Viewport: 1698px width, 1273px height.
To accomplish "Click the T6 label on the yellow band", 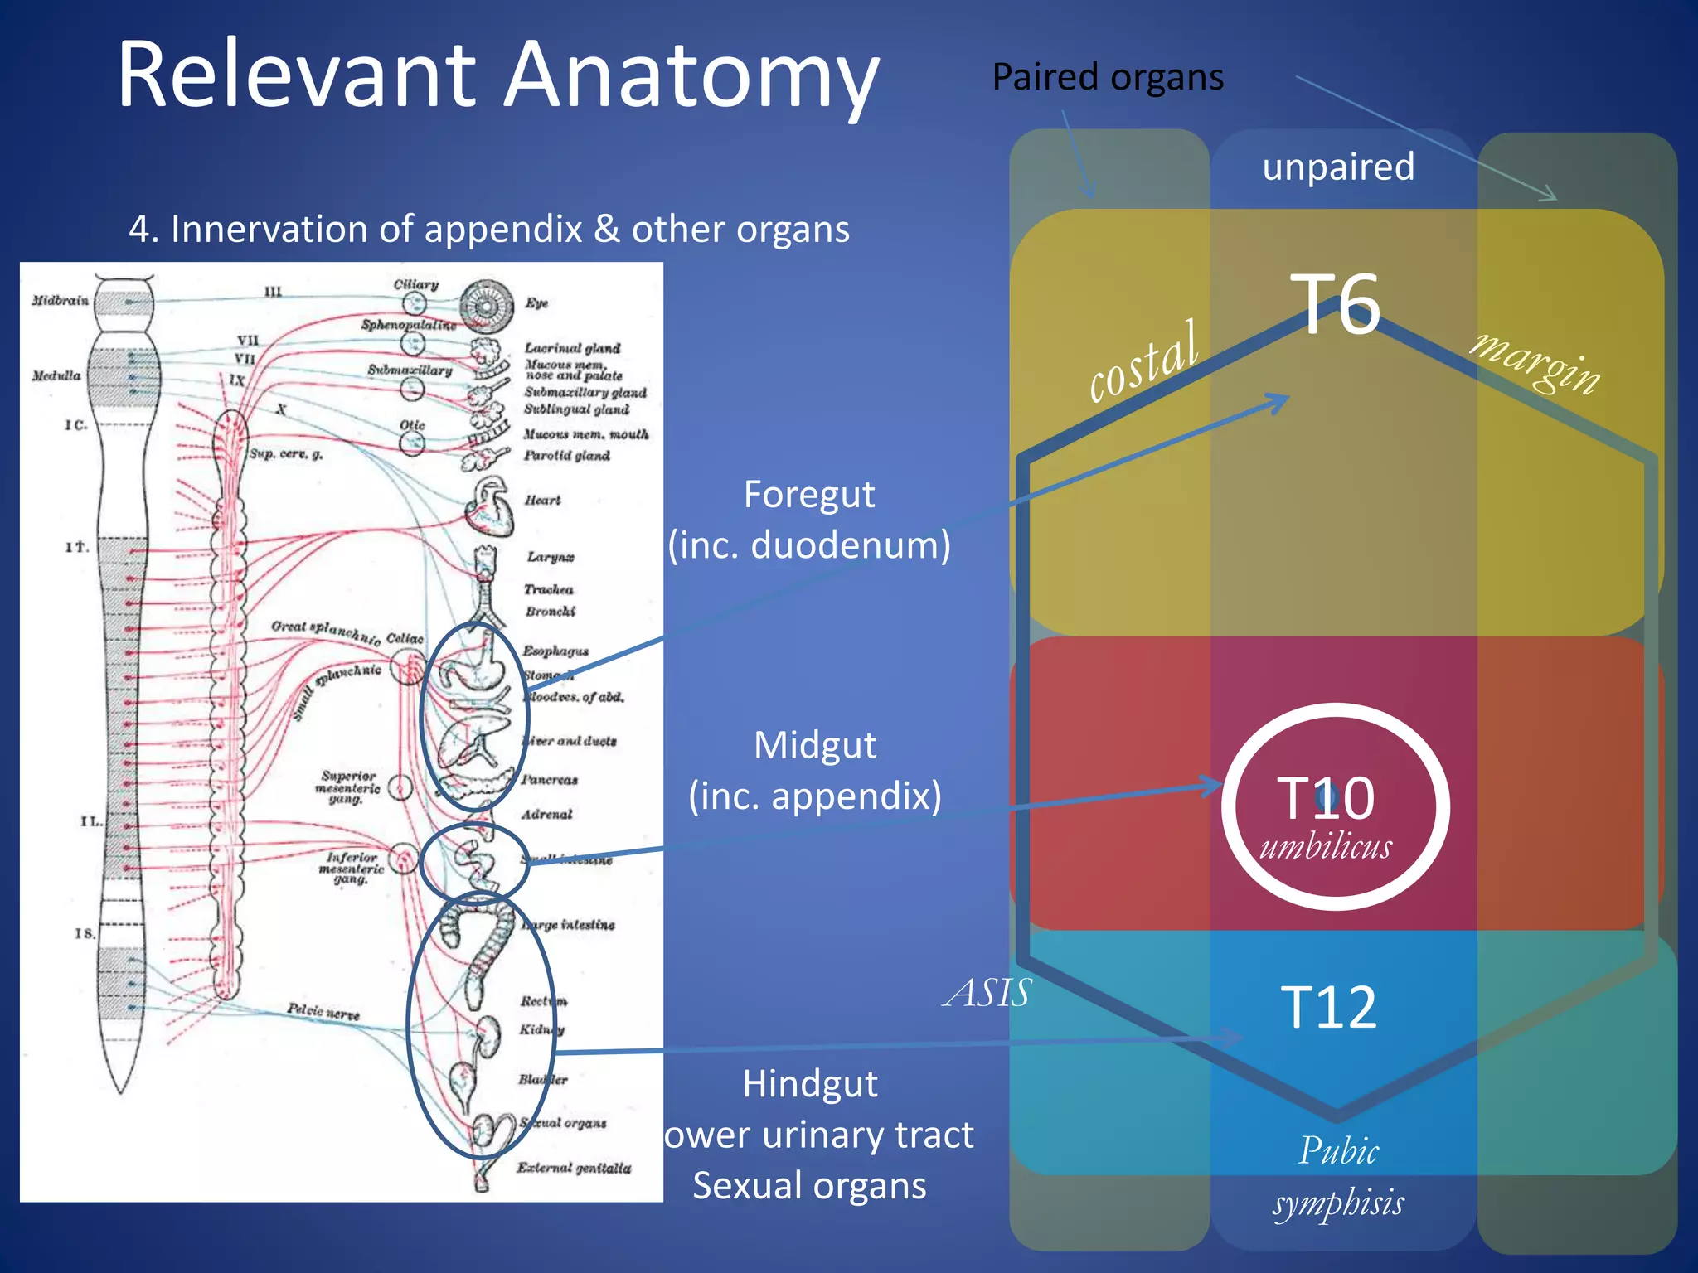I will pos(1335,304).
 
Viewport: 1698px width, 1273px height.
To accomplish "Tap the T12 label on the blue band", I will pos(1328,1008).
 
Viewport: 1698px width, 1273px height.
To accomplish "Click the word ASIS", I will pos(987,992).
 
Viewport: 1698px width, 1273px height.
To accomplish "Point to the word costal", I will pos(1144,362).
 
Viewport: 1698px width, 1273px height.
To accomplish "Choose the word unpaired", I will pos(1338,167).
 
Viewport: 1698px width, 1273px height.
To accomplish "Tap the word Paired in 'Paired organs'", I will pos(1045,77).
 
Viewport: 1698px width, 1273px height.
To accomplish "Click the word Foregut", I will pos(808,495).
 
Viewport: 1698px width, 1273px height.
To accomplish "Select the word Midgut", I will pos(814,745).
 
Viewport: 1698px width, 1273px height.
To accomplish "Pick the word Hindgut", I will pos(809,1084).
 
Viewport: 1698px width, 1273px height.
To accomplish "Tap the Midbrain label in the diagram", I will pos(61,300).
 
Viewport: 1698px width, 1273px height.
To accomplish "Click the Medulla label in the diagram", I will pos(56,375).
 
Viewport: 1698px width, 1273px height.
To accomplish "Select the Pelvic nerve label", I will pos(323,1011).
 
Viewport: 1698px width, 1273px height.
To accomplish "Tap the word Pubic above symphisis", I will pos(1338,1151).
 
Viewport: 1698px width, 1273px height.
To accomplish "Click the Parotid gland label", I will pos(566,455).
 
